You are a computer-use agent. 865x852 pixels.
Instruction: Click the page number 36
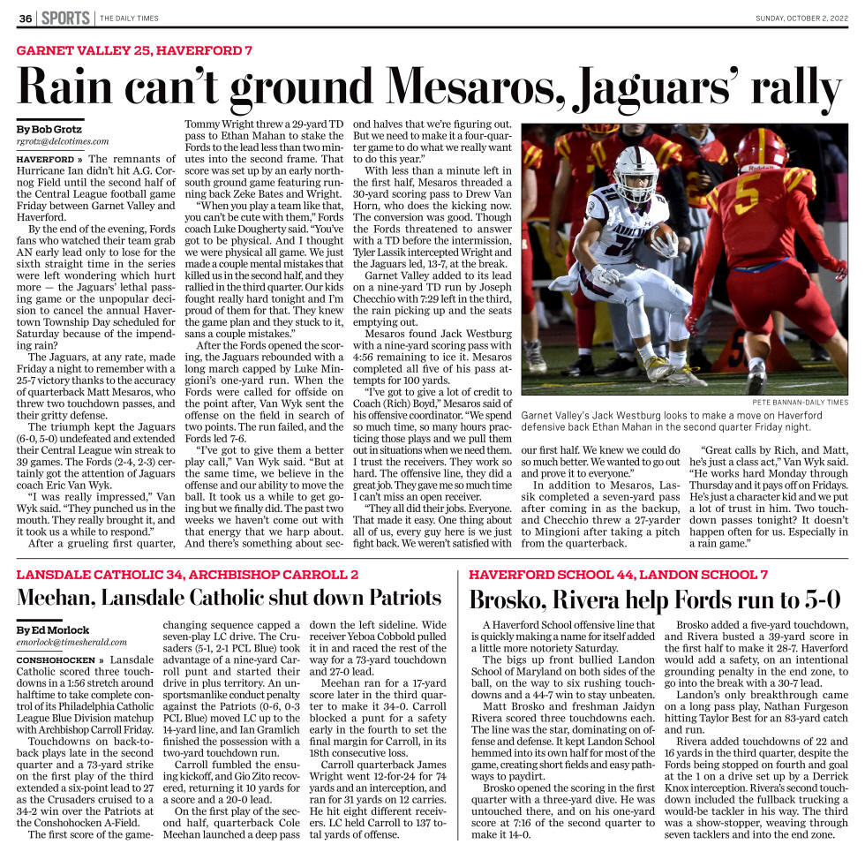tap(26, 19)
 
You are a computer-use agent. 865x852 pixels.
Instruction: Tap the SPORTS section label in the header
tap(64, 19)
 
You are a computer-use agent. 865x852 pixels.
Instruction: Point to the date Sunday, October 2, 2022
tap(801, 19)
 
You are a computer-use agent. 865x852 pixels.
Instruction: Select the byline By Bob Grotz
tap(49, 129)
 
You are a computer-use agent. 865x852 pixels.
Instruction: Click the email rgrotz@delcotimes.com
tap(63, 141)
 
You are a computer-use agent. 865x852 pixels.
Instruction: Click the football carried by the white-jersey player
tap(659, 236)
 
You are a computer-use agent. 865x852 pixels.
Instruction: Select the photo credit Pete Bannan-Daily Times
tap(800, 402)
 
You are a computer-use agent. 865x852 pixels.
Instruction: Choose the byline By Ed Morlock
tap(53, 630)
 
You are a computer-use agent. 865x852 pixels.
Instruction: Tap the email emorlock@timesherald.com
tap(71, 643)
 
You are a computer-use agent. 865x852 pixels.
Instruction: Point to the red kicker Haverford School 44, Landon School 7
tap(618, 574)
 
